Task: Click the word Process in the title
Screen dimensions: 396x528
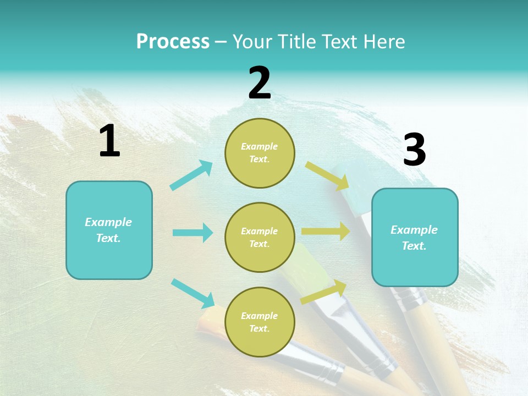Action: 173,41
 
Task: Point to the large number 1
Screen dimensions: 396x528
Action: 109,141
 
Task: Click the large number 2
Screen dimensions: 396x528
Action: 260,83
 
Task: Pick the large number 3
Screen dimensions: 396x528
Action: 414,150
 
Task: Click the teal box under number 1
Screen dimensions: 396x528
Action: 109,230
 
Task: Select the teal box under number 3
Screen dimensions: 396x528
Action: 415,238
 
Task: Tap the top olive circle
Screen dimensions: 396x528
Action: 260,153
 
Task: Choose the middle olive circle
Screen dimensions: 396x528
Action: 260,237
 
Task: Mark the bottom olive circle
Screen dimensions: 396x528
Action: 260,322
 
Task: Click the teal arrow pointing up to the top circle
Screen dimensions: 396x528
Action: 191,175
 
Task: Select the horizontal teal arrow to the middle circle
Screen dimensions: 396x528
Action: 193,233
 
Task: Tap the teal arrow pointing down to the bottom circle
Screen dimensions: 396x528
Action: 193,293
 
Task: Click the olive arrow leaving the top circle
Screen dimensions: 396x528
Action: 328,175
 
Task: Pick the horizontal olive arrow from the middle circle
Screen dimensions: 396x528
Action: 326,231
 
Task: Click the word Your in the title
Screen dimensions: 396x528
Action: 251,41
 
